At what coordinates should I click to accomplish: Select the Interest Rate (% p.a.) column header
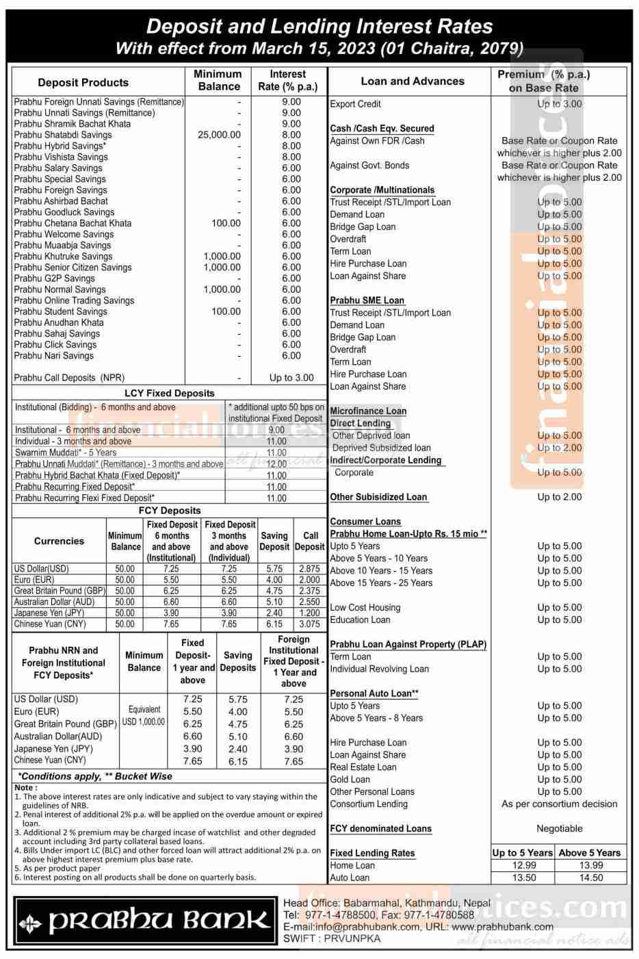coord(288,80)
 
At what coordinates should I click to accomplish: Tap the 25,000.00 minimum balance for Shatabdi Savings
coord(219,135)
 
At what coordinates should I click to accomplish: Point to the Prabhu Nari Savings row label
coord(54,355)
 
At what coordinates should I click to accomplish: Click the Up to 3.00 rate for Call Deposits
coord(291,377)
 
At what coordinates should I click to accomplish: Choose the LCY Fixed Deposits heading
coord(169,393)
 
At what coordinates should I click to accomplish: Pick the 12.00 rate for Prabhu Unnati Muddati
coord(276,463)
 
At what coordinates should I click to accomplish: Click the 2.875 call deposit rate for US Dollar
coord(309,568)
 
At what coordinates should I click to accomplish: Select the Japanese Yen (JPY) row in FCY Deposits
coord(49,613)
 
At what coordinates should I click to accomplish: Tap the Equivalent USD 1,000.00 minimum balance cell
coord(144,716)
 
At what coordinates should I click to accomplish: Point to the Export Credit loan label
coord(355,104)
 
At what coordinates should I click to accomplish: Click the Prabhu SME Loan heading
coord(367,301)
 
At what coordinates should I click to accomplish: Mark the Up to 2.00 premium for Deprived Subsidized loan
coord(559,448)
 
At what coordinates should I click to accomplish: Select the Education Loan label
coord(360,619)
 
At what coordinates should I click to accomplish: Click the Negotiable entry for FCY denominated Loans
coord(559,828)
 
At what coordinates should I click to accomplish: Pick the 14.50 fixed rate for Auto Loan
coord(590,878)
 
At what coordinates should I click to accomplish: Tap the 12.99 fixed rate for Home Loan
coord(523,865)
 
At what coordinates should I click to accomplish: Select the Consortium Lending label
coord(368,804)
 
